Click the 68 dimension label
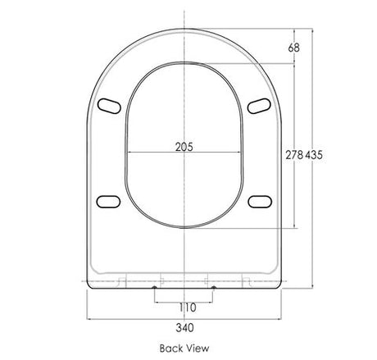pos(293,48)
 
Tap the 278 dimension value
pos(294,155)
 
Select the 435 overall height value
pos(314,155)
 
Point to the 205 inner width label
pos(184,147)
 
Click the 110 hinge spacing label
pos(188,308)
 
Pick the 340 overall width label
pos(185,327)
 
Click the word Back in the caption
pos(171,349)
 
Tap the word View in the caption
pos(198,349)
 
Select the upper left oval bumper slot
pos(109,106)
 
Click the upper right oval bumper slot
pos(259,106)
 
